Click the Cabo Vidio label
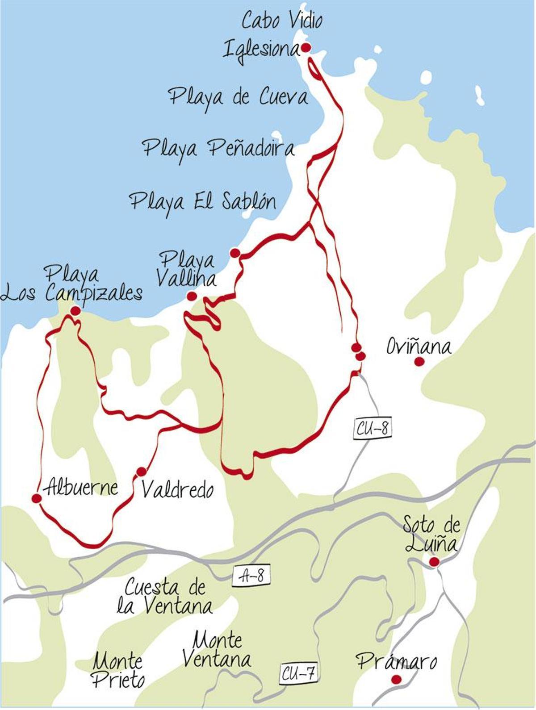282,21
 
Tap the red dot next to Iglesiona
306,47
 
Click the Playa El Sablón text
203,202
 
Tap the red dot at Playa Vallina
192,296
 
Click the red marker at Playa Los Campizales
75,310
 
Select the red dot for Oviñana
419,362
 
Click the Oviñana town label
419,347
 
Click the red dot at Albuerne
37,499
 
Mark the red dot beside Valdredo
142,472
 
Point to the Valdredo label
177,491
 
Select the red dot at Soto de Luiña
434,562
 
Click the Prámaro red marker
396,680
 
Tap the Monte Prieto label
118,671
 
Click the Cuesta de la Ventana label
164,597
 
